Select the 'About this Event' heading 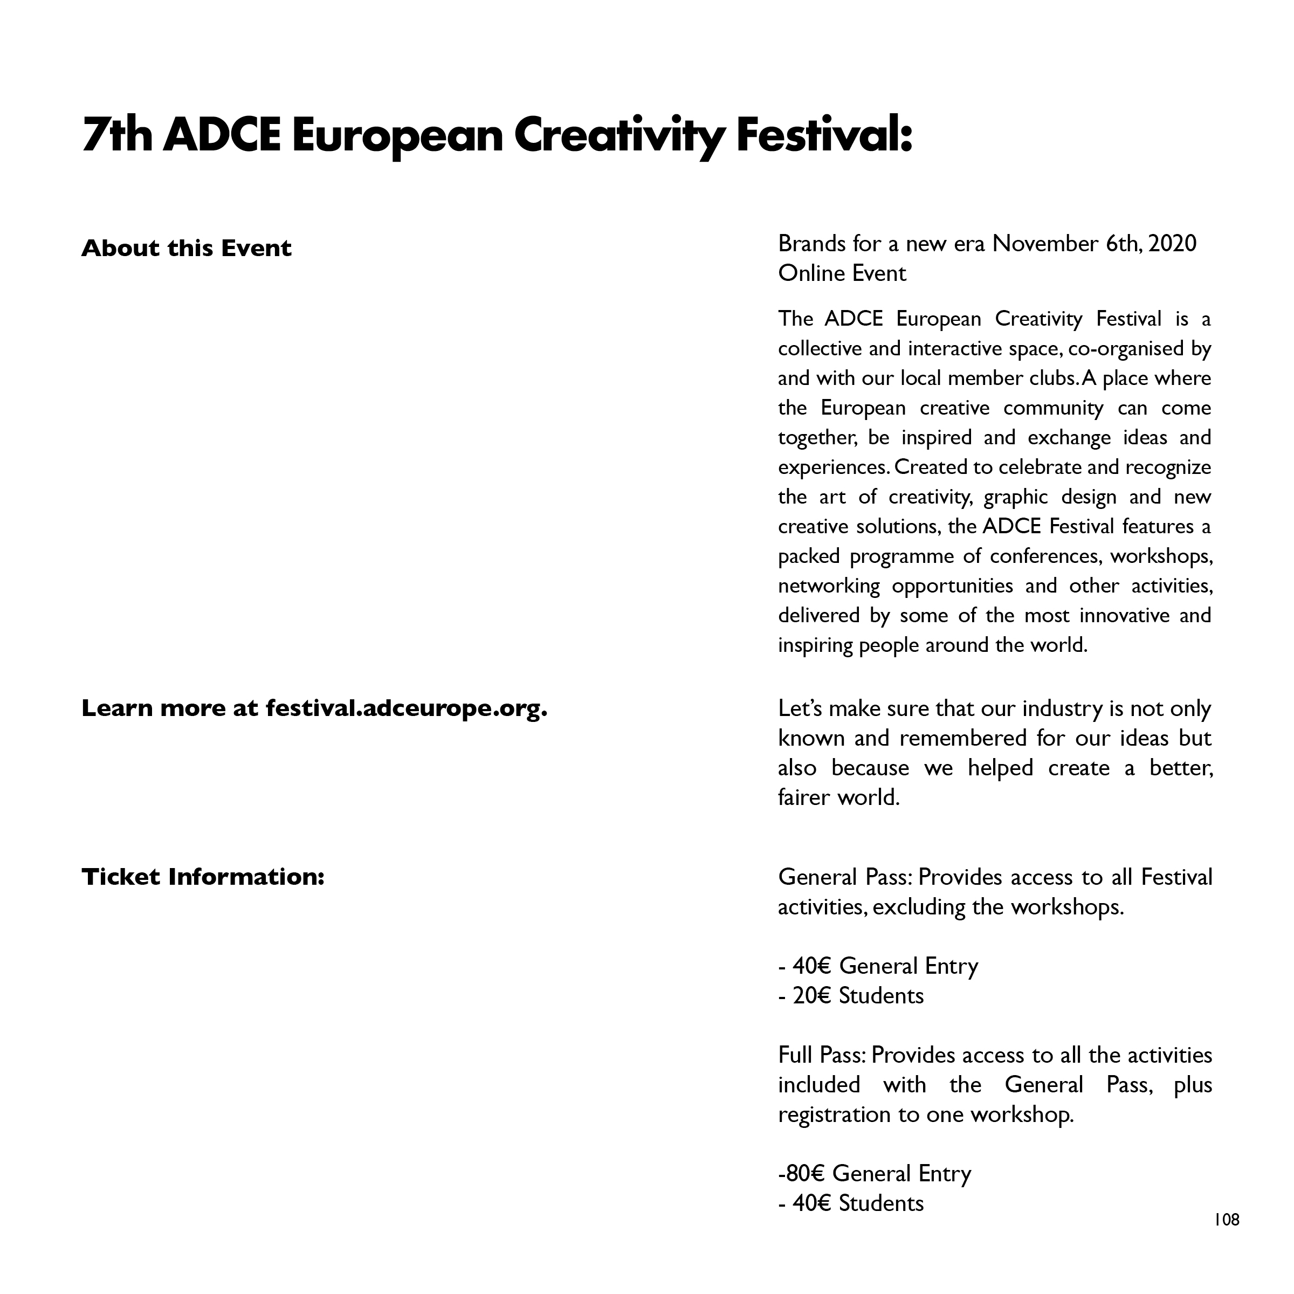(186, 249)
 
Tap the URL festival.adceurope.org (406, 708)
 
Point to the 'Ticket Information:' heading (203, 877)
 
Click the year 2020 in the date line (1172, 243)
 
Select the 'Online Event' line (842, 273)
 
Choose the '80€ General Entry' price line (875, 1173)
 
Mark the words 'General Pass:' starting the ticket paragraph (845, 877)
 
